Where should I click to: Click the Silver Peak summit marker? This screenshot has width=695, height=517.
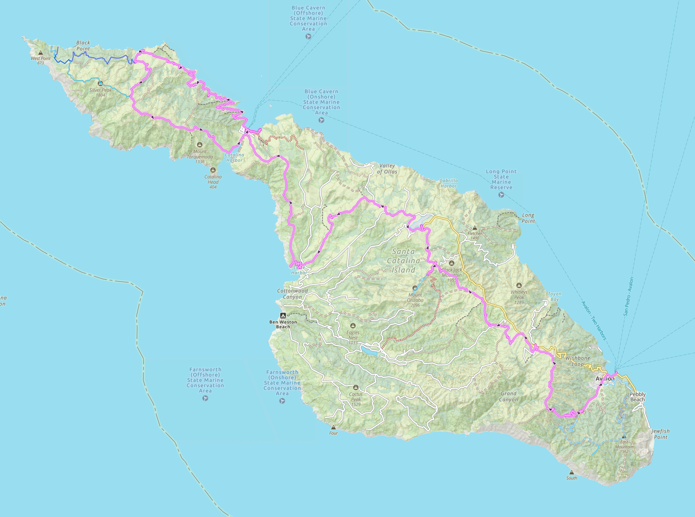click(x=100, y=83)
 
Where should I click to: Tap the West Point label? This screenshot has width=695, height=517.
click(x=41, y=59)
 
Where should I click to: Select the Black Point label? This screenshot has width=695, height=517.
click(x=83, y=46)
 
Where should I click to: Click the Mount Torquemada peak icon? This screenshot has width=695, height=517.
click(x=200, y=145)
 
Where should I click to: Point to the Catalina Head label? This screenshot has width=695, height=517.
click(x=213, y=182)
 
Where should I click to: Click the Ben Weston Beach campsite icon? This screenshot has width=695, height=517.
click(x=283, y=315)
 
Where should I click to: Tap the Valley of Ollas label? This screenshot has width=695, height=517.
click(x=387, y=169)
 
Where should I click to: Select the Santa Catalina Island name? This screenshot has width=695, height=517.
click(x=403, y=260)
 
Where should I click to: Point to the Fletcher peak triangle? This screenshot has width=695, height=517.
click(x=475, y=228)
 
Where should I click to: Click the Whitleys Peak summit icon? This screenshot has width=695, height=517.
click(x=519, y=285)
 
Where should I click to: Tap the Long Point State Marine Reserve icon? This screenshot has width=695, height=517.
click(x=501, y=195)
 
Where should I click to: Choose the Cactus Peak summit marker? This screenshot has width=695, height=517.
click(x=356, y=387)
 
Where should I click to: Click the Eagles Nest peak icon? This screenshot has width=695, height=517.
click(x=353, y=326)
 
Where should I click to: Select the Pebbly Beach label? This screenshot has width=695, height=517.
click(x=638, y=397)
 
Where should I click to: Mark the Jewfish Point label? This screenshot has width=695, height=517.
click(x=660, y=434)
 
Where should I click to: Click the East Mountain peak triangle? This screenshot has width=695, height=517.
click(x=624, y=436)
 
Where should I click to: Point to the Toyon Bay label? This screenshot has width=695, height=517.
click(x=555, y=296)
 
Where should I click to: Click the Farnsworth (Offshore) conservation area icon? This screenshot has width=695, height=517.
click(x=205, y=398)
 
